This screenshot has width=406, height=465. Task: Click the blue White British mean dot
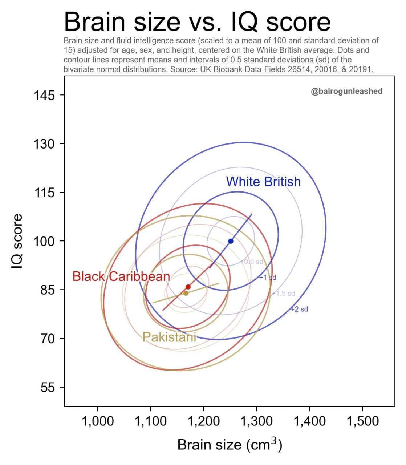click(x=231, y=241)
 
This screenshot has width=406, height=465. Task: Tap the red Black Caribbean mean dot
click(x=188, y=287)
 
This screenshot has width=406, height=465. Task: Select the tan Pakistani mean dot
click(x=186, y=293)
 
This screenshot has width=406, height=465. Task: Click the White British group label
click(x=263, y=182)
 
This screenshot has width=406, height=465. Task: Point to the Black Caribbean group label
click(x=121, y=276)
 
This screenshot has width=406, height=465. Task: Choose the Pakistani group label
click(x=169, y=337)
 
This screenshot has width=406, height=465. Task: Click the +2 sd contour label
click(x=299, y=310)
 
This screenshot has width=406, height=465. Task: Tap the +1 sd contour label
click(x=268, y=278)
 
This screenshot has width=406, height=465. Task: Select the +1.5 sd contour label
click(x=284, y=294)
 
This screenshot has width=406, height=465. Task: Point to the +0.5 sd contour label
click(x=252, y=262)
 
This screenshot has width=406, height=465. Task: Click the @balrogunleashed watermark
click(x=346, y=92)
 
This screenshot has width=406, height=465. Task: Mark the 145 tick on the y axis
click(x=44, y=96)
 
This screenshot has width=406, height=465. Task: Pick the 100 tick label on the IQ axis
click(x=44, y=242)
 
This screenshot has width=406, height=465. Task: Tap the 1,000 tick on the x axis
click(x=97, y=421)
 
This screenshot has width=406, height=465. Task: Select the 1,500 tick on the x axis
click(x=362, y=421)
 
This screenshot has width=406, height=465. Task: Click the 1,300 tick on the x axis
click(x=256, y=421)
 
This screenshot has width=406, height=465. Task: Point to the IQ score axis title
click(x=17, y=241)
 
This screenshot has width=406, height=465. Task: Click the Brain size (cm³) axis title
click(x=230, y=445)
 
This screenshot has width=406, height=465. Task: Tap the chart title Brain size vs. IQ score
click(x=197, y=22)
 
